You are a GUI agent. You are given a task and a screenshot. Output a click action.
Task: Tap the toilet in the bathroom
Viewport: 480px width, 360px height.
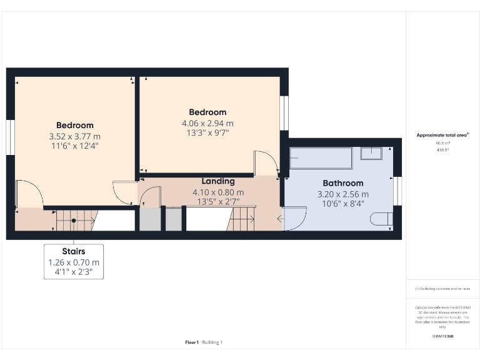[381, 219]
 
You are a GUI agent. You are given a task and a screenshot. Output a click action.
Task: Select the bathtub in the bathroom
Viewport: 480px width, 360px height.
[321, 157]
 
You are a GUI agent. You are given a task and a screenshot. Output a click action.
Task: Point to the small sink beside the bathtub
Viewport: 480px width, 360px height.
[373, 153]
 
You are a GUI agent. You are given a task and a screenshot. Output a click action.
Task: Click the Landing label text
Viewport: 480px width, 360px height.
[218, 181]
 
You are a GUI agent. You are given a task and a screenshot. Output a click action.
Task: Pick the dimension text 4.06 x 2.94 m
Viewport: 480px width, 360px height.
[203, 123]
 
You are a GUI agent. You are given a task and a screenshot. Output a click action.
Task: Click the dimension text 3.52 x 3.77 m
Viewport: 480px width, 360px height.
[74, 136]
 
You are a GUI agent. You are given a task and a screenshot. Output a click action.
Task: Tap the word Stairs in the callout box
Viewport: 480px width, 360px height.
[74, 251]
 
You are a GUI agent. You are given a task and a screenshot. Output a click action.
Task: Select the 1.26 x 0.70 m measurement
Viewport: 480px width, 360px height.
[74, 262]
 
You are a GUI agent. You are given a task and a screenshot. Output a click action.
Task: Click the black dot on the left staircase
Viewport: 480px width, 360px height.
[73, 221]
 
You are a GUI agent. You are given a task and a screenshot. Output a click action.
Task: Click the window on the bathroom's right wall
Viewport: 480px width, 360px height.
[396, 191]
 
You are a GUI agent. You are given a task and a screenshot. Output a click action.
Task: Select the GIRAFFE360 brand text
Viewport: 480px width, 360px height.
[442, 336]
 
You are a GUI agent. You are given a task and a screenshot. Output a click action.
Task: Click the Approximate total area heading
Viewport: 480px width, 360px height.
[442, 135]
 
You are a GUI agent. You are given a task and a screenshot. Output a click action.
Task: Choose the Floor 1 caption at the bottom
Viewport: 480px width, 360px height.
[192, 342]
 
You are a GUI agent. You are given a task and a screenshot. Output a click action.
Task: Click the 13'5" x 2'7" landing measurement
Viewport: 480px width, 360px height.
[218, 201]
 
